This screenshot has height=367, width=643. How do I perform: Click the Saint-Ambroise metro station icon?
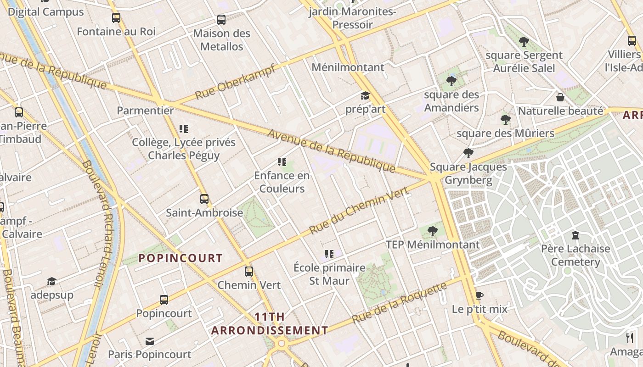click(204, 199)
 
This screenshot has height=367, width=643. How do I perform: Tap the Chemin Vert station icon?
click(249, 271)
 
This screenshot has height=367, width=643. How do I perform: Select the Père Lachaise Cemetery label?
click(575, 256)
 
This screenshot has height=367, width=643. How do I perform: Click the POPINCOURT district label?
click(180, 258)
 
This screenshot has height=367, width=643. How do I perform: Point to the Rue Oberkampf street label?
click(235, 82)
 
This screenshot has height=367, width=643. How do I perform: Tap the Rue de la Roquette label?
click(399, 303)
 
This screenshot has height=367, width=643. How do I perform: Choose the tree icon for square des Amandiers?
click(451, 81)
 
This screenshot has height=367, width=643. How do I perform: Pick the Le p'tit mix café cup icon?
click(479, 295)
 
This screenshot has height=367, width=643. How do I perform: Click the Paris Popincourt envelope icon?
click(150, 341)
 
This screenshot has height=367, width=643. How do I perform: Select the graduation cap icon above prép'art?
click(365, 96)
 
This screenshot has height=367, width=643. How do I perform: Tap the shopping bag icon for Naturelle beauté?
click(560, 97)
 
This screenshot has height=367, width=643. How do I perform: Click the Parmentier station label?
click(145, 111)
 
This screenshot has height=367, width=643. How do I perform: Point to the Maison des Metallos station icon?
click(221, 20)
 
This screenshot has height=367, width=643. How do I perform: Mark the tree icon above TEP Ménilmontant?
click(432, 231)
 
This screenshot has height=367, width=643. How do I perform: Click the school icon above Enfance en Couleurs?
click(282, 162)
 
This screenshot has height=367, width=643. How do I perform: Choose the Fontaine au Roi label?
click(116, 32)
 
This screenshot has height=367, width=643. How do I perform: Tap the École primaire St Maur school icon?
click(329, 254)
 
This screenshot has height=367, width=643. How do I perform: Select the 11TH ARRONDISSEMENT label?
click(270, 323)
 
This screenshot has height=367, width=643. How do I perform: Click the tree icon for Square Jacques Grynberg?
click(468, 153)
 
